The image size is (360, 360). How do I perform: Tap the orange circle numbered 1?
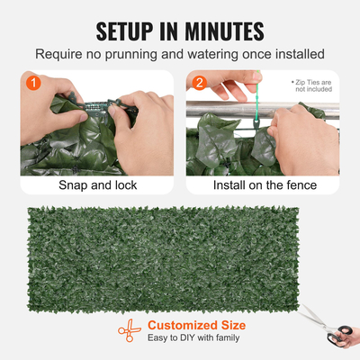click(31, 83)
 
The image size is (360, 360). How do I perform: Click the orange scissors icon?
click(128, 329)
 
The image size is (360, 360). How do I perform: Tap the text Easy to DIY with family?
click(188, 339)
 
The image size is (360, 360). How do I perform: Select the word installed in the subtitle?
click(298, 55)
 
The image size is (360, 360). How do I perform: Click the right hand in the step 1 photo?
click(144, 126)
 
